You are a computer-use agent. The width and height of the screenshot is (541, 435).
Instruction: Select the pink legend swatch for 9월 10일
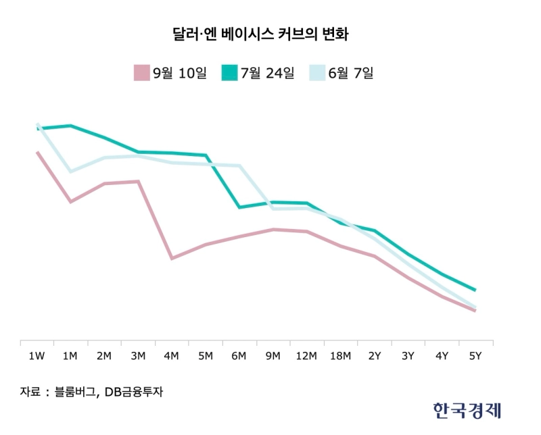(141, 72)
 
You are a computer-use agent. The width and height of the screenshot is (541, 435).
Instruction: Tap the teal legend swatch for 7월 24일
(229, 72)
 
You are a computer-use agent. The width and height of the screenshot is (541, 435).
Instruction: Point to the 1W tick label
(37, 356)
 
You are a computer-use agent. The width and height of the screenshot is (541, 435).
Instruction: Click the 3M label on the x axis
(138, 356)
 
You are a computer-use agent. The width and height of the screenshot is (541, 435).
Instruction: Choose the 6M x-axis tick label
(239, 356)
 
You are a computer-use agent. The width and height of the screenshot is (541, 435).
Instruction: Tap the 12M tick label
(307, 356)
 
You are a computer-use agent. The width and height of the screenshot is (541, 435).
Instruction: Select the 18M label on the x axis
(341, 356)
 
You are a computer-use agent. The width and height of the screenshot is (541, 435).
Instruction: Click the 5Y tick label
(475, 356)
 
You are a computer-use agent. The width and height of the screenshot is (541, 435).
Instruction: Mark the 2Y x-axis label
(375, 356)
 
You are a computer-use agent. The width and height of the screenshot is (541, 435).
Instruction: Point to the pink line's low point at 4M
(172, 258)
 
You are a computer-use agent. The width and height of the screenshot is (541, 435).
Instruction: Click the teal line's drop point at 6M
(239, 207)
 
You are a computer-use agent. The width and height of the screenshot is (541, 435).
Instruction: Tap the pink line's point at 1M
(70, 202)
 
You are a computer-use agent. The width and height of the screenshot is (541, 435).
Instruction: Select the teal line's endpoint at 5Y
(475, 290)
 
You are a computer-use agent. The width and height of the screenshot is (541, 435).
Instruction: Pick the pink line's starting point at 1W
(37, 153)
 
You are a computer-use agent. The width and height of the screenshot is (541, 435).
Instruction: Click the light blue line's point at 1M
(70, 172)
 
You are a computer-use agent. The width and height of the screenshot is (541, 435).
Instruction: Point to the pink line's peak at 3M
(138, 181)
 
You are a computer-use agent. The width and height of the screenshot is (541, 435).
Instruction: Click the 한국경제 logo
(469, 410)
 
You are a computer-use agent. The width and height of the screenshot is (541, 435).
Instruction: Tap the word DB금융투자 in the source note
(135, 391)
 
